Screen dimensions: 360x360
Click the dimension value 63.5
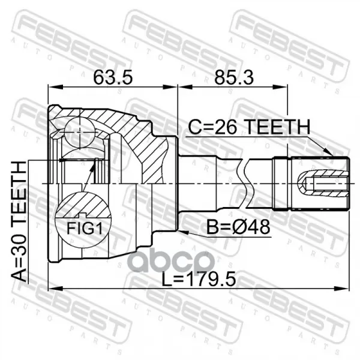click(113, 77)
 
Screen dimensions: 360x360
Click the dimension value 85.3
click(234, 77)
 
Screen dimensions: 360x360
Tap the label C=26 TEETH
click(249, 127)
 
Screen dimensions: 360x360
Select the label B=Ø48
click(239, 227)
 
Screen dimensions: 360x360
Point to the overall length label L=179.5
click(199, 279)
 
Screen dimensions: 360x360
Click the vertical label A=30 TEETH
click(19, 221)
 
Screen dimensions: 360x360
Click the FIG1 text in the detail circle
click(84, 229)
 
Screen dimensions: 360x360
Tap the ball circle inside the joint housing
click(79, 132)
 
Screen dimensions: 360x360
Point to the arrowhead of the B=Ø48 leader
click(184, 232)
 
